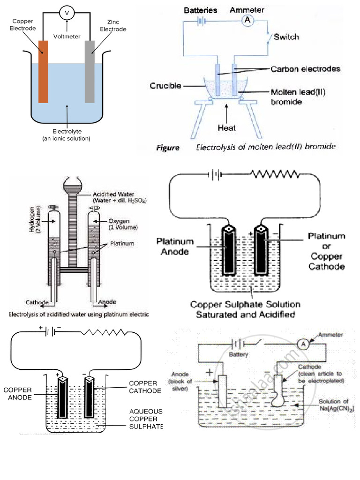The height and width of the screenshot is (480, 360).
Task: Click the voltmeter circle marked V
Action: click(67, 14)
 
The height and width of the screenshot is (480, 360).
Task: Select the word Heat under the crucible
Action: click(226, 127)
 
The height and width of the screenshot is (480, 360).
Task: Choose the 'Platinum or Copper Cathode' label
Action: click(326, 251)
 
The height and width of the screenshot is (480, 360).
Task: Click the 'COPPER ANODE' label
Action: click(18, 393)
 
